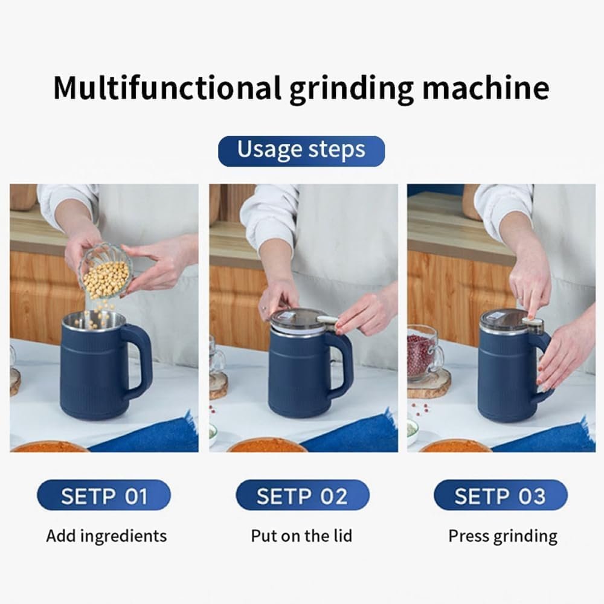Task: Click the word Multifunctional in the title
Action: tap(167, 88)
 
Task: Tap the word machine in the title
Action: tap(486, 88)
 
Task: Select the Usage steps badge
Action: tap(301, 150)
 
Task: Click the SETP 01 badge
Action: tap(104, 496)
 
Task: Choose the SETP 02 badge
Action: tap(302, 496)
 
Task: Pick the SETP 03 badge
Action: tap(500, 496)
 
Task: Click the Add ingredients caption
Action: tap(106, 536)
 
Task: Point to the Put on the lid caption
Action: tap(301, 536)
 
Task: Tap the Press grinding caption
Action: tap(503, 536)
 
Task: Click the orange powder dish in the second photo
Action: tap(266, 446)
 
